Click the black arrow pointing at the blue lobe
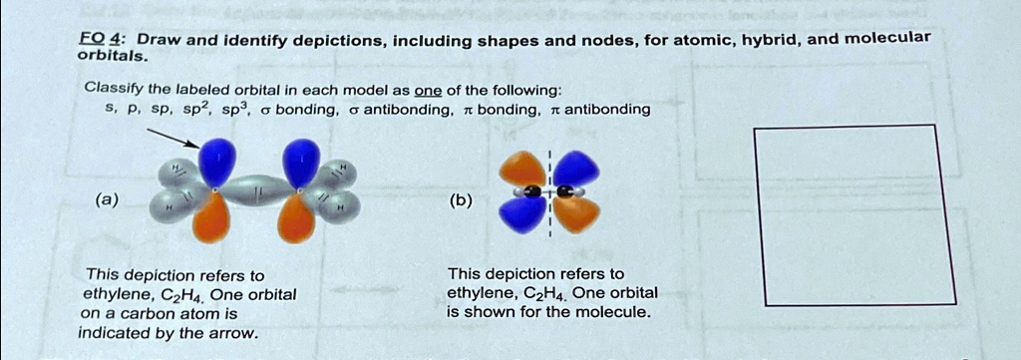(x=173, y=138)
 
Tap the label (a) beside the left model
(x=106, y=200)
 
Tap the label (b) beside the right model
(x=460, y=200)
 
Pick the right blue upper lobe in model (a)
(x=301, y=163)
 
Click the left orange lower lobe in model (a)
(x=211, y=217)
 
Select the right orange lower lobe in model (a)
(x=296, y=218)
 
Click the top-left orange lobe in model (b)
(x=522, y=170)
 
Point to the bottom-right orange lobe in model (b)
(x=576, y=214)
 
